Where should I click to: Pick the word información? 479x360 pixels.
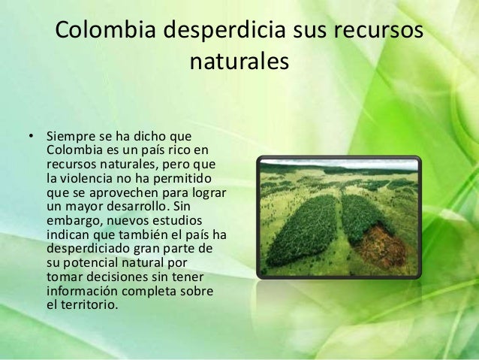[x=83, y=290]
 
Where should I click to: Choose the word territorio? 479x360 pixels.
[x=88, y=304]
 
